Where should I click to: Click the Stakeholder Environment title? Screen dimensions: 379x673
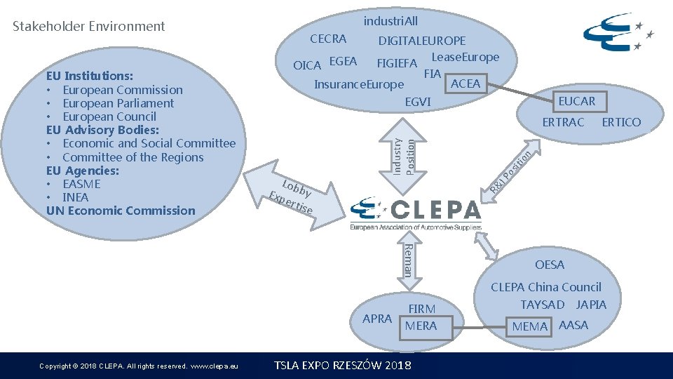pyautogui.click(x=89, y=27)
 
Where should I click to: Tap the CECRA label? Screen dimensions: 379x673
pyautogui.click(x=328, y=39)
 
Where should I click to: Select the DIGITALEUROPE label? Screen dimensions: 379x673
pyautogui.click(x=421, y=41)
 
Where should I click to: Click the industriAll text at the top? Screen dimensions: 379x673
pyautogui.click(x=390, y=21)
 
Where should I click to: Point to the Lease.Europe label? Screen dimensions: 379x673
pyautogui.click(x=465, y=57)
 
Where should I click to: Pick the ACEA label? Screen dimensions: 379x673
pyautogui.click(x=465, y=84)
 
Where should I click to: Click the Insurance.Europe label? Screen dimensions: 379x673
pyautogui.click(x=359, y=85)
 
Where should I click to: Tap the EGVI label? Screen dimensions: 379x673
pyautogui.click(x=418, y=102)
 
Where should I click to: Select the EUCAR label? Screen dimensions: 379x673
pyautogui.click(x=576, y=101)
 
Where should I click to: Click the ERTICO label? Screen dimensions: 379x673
pyautogui.click(x=621, y=122)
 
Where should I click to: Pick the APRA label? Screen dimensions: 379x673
pyautogui.click(x=377, y=319)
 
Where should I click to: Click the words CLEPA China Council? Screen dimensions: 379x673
pyautogui.click(x=545, y=287)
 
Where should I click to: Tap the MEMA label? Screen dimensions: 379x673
pyautogui.click(x=530, y=326)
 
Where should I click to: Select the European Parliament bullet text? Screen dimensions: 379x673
pyautogui.click(x=118, y=103)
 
